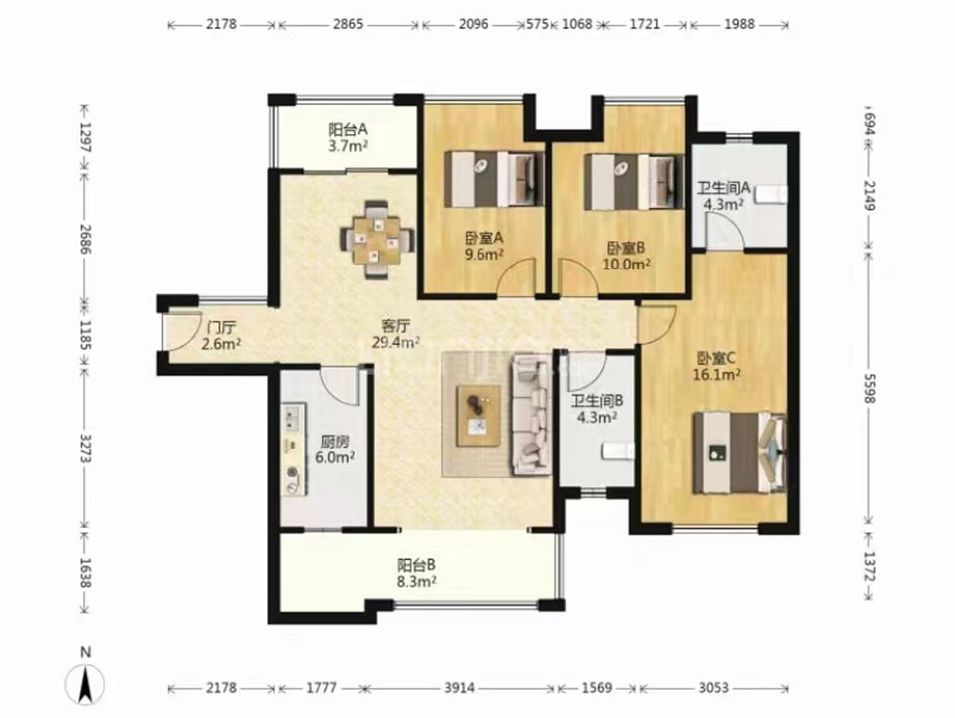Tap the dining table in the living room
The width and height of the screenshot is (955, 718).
pyautogui.click(x=377, y=240)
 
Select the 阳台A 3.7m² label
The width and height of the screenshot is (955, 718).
pyautogui.click(x=348, y=137)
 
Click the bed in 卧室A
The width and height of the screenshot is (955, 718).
pyautogui.click(x=494, y=179)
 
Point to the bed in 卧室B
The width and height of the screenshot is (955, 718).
pyautogui.click(x=634, y=181)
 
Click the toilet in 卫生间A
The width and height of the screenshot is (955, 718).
pyautogui.click(x=770, y=194)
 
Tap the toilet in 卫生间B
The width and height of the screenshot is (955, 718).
pyautogui.click(x=618, y=451)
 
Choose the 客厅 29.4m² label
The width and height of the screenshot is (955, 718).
pyautogui.click(x=395, y=334)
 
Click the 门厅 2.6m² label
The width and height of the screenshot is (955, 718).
pyautogui.click(x=221, y=335)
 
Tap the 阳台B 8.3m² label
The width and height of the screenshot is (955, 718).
pyautogui.click(x=417, y=572)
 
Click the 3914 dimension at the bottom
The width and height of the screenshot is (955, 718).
pyautogui.click(x=460, y=688)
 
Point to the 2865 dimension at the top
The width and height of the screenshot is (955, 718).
pyautogui.click(x=348, y=24)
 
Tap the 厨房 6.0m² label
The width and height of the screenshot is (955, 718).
pyautogui.click(x=335, y=449)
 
